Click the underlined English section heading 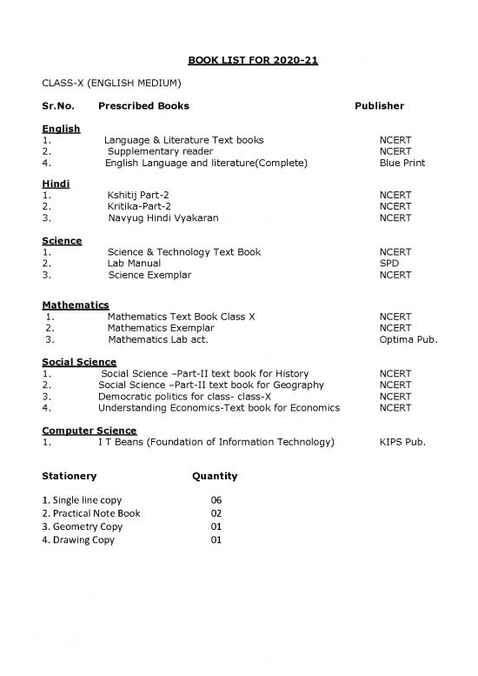coord(61,129)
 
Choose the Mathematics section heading coord(76,305)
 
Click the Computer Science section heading coord(89,431)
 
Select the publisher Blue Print coord(402,163)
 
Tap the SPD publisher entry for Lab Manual coord(389,263)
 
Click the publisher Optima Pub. coord(408,340)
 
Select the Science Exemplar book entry coord(149,275)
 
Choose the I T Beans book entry coord(216,442)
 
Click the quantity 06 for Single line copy coord(216,500)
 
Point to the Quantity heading coord(214,477)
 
